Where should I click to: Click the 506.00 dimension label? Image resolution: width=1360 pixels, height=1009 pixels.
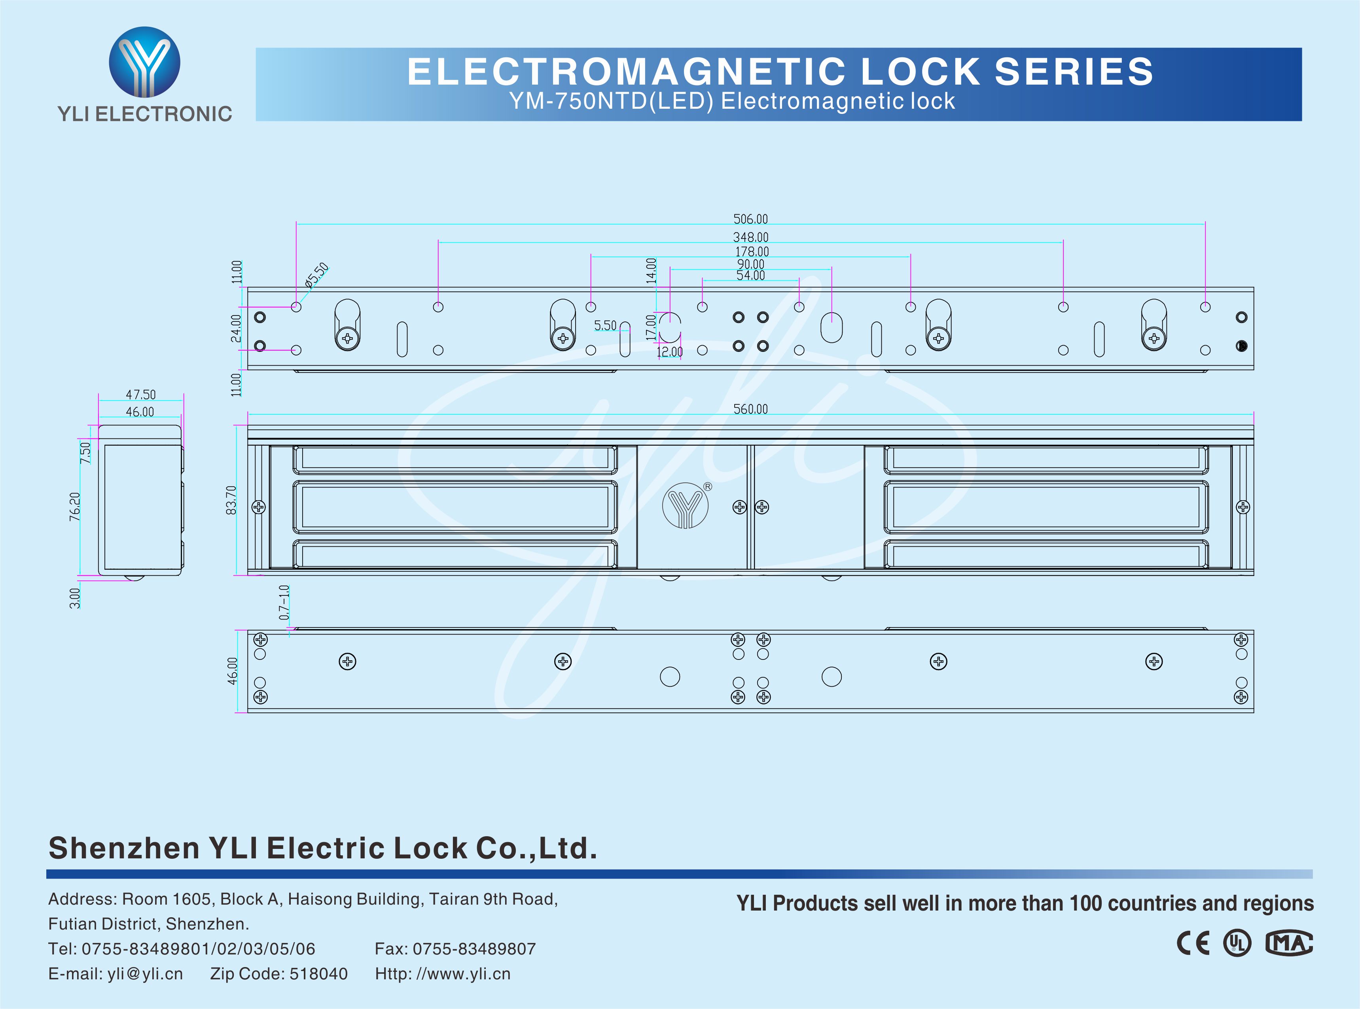point(750,219)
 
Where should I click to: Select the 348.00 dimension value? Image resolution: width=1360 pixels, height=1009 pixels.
point(750,237)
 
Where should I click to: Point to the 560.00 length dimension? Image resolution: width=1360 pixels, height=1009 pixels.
point(750,408)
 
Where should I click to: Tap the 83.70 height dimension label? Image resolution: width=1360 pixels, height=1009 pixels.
point(231,500)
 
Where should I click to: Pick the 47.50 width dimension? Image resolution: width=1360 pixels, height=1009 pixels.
point(140,395)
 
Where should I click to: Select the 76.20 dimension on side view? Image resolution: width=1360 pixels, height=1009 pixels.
point(74,506)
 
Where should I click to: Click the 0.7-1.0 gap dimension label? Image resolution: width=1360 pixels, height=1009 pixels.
point(284,602)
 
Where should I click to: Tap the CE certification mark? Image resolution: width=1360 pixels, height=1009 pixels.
point(1193,943)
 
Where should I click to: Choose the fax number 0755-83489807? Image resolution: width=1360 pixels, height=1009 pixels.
point(474,949)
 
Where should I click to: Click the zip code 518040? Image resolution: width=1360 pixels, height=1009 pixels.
point(318,973)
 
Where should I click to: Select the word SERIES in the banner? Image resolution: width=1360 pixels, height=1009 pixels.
point(1074,72)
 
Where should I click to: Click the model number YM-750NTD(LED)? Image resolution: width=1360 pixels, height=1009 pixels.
point(611,101)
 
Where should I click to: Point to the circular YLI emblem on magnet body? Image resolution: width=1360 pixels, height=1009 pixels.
point(685,506)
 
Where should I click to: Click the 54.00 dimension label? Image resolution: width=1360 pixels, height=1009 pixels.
point(750,276)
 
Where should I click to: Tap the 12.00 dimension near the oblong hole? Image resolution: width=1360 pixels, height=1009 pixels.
point(670,352)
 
